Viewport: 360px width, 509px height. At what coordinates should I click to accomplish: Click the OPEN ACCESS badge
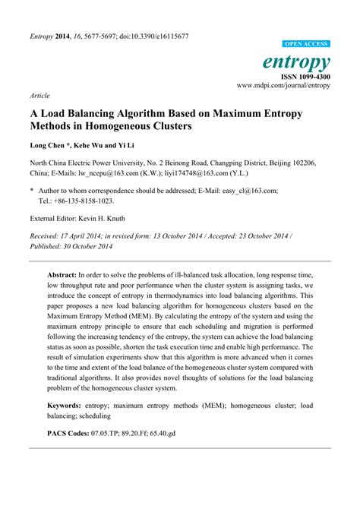[x=306, y=45]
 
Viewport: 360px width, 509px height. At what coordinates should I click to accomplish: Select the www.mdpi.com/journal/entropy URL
[x=283, y=87]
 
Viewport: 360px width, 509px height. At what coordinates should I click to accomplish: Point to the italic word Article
[x=40, y=96]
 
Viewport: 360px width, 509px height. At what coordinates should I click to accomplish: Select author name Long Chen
[x=50, y=145]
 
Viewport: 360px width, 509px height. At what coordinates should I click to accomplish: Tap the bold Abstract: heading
[x=62, y=276]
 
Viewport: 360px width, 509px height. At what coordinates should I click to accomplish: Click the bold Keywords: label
[x=64, y=406]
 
